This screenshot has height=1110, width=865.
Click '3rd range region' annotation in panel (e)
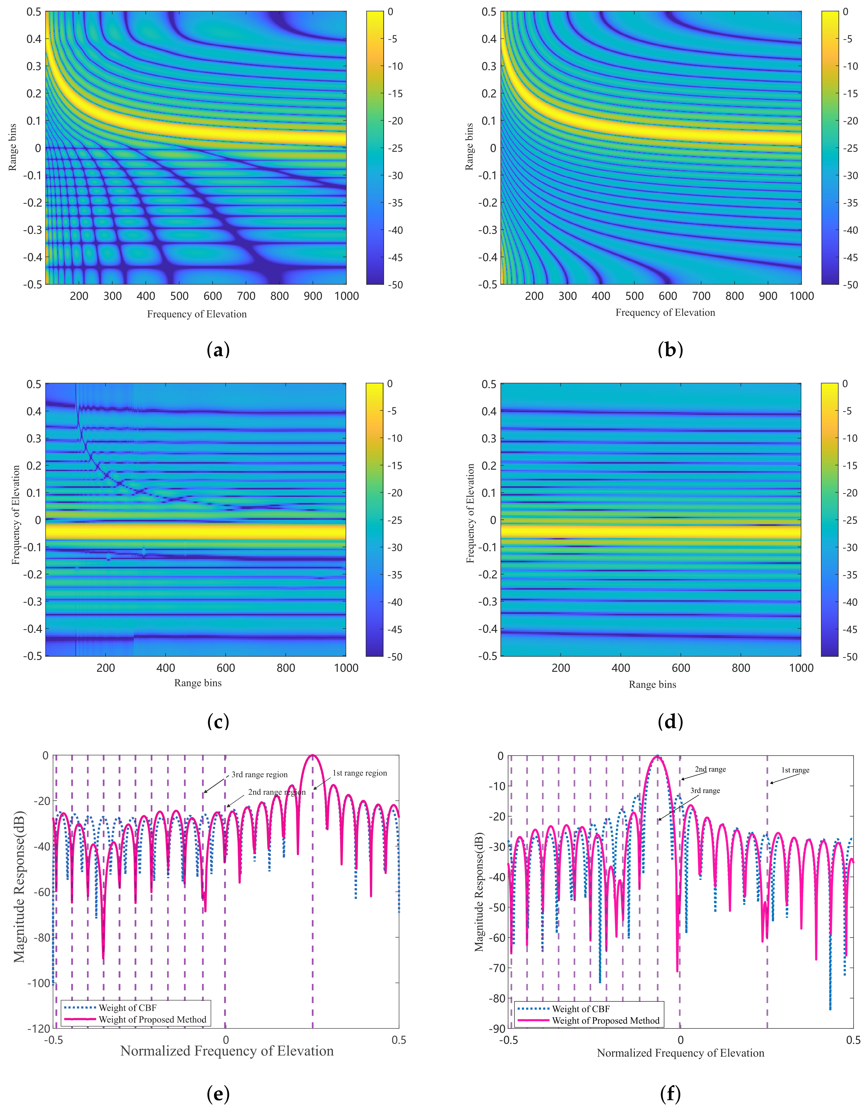coord(259,775)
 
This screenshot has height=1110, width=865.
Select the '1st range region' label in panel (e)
coord(360,773)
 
